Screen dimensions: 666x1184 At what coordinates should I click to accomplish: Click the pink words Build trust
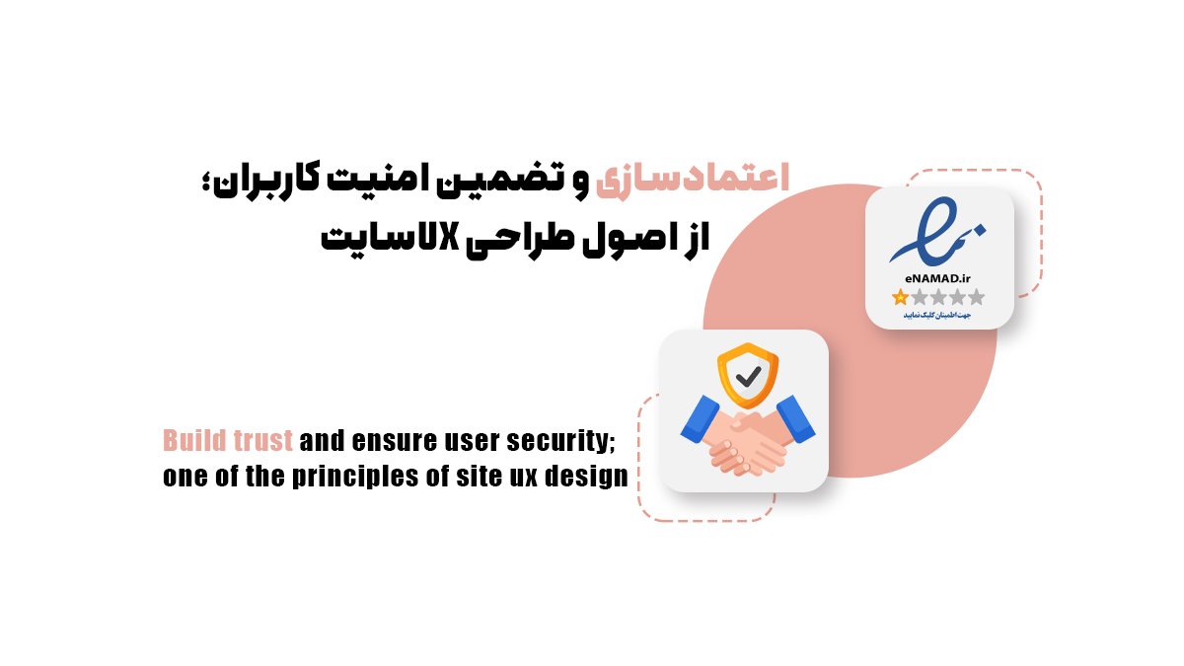[228, 440]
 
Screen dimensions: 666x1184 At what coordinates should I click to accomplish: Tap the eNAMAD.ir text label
[938, 278]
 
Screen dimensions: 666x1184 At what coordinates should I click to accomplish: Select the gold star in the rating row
[900, 297]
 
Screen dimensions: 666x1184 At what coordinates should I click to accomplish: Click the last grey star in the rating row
[977, 297]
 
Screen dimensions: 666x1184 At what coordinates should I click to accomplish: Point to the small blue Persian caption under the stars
[938, 315]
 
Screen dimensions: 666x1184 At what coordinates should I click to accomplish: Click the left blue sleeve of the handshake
[698, 417]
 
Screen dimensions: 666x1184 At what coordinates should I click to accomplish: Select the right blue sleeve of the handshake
[797, 417]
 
